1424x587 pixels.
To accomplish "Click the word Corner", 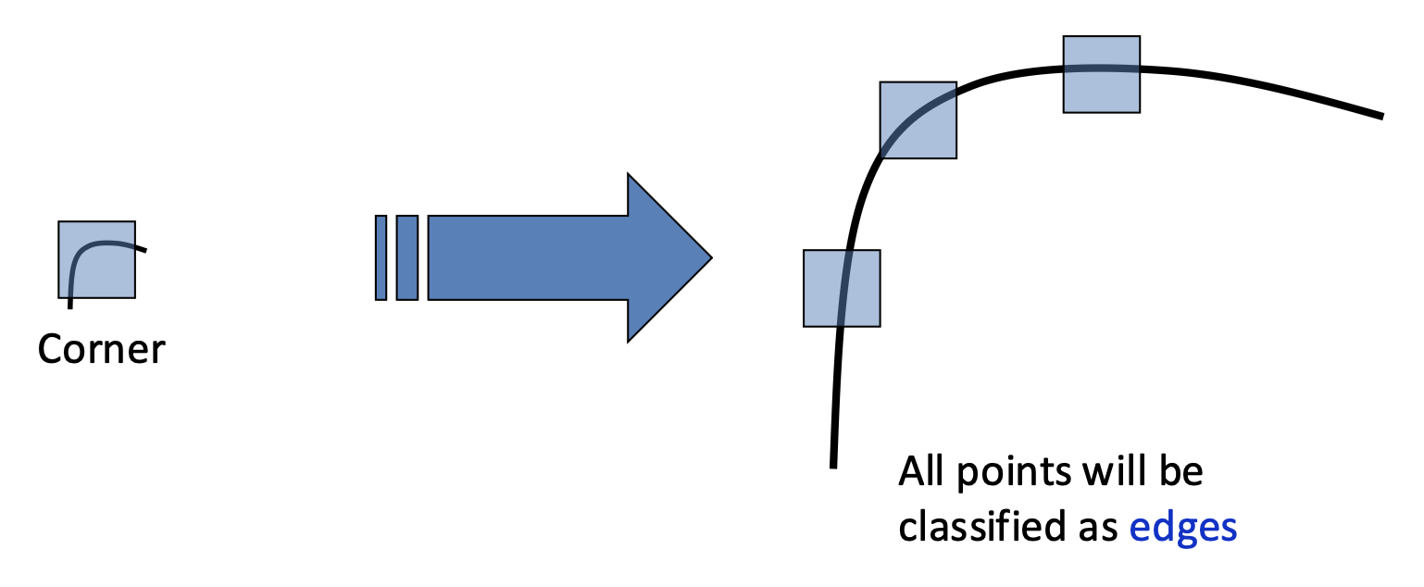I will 101,350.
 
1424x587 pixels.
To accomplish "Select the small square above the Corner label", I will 96,259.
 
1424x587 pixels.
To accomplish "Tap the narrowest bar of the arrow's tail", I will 381,257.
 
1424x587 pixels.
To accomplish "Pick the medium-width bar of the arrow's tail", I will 406,257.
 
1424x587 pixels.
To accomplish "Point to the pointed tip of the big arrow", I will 708,257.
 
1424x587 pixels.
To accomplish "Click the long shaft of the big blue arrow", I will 528,257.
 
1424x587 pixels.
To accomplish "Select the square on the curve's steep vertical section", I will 841,288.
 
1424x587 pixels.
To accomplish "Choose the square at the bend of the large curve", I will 917,119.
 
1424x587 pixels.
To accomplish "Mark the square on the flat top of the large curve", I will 1100,74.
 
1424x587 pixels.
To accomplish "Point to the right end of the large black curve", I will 1380,116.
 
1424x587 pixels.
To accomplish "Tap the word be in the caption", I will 1180,472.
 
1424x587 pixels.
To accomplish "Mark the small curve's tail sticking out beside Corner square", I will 141,248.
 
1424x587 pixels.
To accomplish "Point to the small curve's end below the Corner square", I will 70,304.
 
